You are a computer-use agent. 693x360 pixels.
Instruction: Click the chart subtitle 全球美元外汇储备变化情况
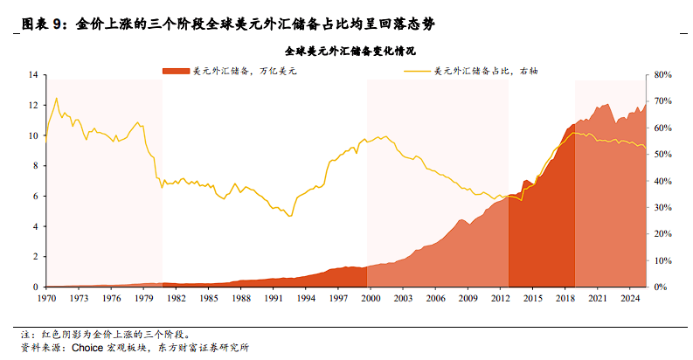click(346, 52)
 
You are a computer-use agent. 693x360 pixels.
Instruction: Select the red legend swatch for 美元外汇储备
click(175, 69)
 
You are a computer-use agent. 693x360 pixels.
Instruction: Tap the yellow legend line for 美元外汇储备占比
click(417, 69)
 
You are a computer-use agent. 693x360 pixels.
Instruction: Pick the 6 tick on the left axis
click(35, 197)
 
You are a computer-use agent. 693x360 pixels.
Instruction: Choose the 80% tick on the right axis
click(662, 76)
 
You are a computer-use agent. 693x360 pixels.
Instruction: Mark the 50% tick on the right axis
click(662, 155)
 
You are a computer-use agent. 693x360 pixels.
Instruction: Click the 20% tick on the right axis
click(662, 234)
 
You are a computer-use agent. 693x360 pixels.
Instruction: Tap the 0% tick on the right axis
click(661, 287)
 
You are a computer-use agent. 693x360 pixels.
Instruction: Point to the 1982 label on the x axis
click(176, 299)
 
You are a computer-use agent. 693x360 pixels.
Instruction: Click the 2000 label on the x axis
click(371, 299)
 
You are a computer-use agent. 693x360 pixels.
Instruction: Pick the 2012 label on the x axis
click(501, 299)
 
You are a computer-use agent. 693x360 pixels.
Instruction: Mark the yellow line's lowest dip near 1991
click(290, 216)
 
